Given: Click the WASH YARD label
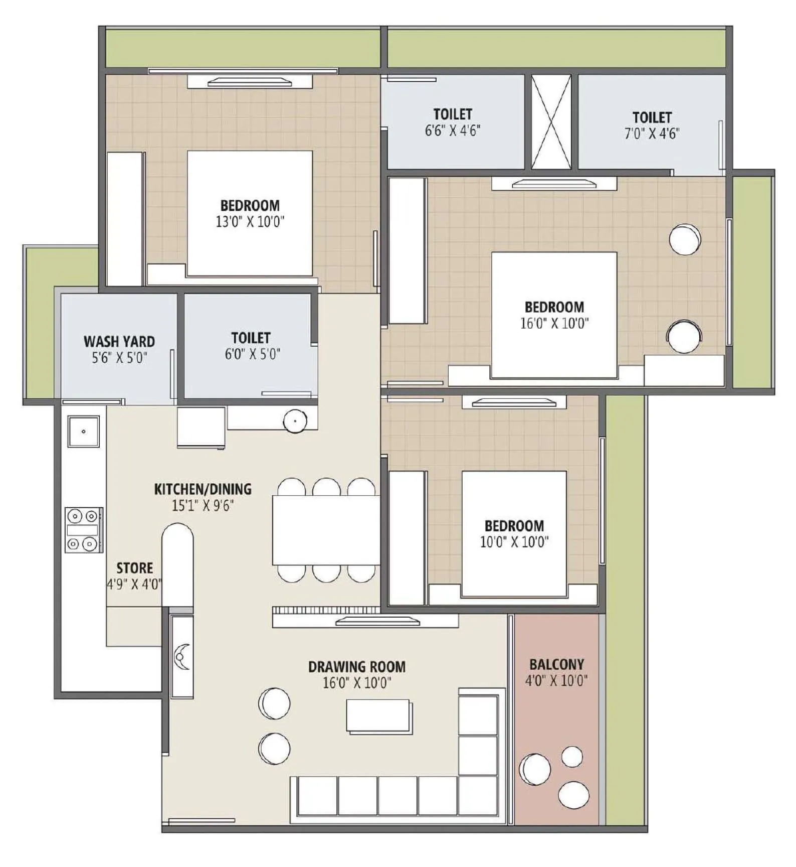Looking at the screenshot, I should click(119, 341).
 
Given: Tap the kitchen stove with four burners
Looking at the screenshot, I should click(84, 530).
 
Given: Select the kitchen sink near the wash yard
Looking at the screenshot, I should click(84, 431).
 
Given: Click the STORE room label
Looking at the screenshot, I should click(134, 568).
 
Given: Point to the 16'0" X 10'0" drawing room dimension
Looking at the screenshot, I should click(356, 683).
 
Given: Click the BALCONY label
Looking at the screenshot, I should click(556, 664).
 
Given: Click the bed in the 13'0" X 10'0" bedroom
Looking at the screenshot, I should click(250, 213).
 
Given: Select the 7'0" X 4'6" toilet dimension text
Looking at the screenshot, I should click(652, 134).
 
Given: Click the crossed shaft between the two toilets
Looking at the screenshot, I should click(551, 122).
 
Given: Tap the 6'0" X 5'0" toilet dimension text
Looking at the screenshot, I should click(252, 354).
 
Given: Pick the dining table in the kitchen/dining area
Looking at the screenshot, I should click(326, 530).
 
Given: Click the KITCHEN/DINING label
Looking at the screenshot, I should click(203, 489).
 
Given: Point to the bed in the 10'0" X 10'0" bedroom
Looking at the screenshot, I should click(514, 533).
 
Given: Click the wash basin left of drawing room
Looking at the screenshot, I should click(181, 656).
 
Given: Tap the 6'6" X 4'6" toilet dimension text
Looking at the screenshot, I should click(452, 131).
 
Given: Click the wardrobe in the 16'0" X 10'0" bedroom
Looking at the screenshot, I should click(407, 251).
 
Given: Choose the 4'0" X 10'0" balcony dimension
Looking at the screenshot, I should click(556, 681).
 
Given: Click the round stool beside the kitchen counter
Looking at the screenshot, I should click(295, 421).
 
